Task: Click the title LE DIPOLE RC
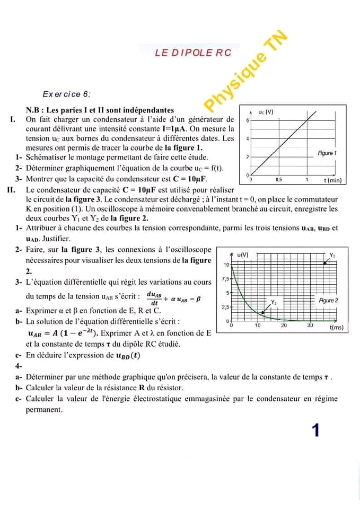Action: click(x=193, y=52)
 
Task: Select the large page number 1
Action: click(x=316, y=430)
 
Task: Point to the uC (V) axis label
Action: click(x=265, y=112)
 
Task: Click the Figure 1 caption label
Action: click(x=327, y=153)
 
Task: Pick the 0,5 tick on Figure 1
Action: click(x=279, y=180)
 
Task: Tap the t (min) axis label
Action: click(x=335, y=180)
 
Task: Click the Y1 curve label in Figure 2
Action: click(x=332, y=254)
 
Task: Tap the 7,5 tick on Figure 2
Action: click(x=225, y=279)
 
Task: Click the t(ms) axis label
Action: click(x=337, y=328)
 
